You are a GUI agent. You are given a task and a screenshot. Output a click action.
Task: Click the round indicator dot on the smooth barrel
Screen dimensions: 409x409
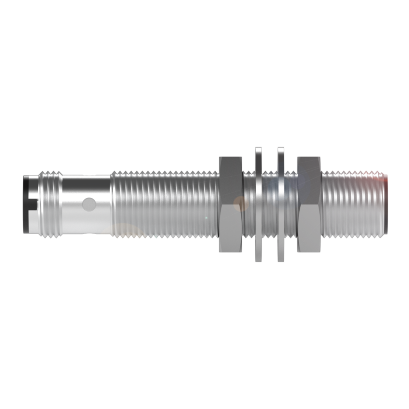(x=89, y=204)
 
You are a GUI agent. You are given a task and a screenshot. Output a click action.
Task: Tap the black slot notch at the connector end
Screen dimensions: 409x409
(x=32, y=204)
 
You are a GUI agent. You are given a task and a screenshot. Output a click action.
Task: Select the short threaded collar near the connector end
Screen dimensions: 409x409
(x=50, y=204)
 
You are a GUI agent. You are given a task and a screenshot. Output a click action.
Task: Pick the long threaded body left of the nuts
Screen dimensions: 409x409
(x=165, y=204)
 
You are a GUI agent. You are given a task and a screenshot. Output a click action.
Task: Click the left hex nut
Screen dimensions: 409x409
(x=230, y=204)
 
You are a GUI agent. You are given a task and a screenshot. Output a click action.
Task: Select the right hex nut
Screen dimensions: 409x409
(x=309, y=204)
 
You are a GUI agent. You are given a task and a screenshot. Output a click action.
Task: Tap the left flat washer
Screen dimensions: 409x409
(x=259, y=204)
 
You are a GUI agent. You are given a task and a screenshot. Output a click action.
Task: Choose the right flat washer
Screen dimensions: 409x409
(x=281, y=204)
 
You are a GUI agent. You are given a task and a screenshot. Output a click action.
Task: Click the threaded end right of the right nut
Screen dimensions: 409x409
(x=353, y=204)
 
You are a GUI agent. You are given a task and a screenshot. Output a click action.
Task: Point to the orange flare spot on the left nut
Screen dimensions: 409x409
(x=239, y=203)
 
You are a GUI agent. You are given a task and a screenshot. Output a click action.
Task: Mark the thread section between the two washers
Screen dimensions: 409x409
(x=270, y=204)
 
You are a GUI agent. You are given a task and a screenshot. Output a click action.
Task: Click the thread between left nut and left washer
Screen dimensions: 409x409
(x=249, y=204)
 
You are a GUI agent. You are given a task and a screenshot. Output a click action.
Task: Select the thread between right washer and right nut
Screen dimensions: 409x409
(x=290, y=204)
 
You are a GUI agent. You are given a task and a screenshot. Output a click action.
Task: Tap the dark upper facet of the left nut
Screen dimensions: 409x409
(x=230, y=179)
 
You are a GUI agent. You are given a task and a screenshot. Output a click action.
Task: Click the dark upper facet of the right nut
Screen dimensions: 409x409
(x=309, y=179)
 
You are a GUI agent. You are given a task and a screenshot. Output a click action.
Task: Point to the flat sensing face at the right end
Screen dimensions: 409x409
(x=386, y=204)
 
